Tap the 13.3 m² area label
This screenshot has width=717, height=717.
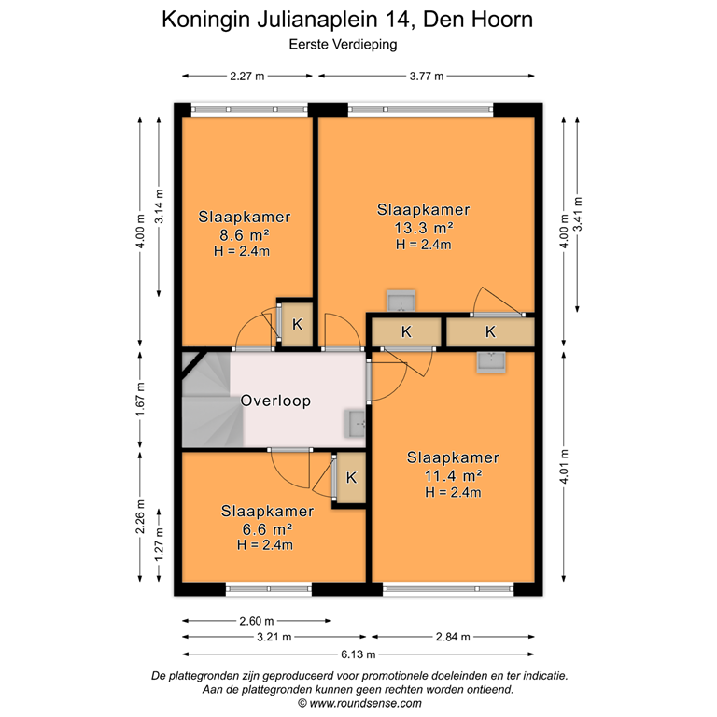422,227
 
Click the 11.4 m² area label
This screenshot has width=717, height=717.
452,475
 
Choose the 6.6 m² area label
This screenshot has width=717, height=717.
268,529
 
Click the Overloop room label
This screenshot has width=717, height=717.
275,401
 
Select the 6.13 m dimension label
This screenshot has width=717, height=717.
358,654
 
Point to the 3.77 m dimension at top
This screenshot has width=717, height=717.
425,77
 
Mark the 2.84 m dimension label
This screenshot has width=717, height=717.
452,637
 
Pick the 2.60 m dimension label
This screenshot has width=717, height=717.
256,620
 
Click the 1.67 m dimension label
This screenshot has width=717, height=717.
141,400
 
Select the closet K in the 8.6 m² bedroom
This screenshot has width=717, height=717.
297,326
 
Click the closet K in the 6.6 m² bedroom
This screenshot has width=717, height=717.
350,478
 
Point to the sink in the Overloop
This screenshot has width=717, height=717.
356,423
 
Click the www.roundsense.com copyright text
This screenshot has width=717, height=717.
358,703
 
